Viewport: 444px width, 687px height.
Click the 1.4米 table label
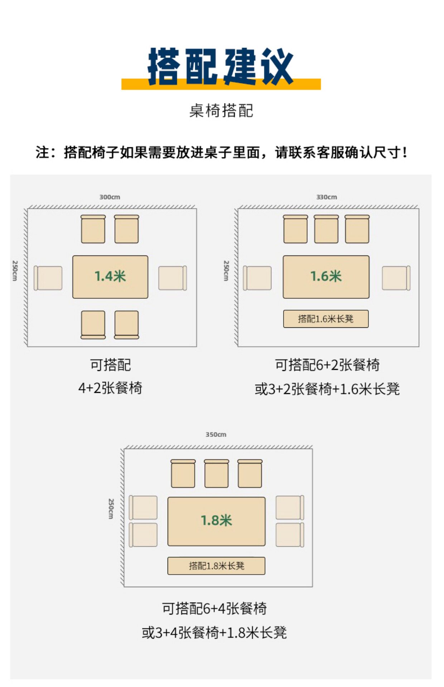[x=110, y=276]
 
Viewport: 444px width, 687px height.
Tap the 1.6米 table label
[x=326, y=276]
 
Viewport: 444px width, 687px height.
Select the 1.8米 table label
[x=216, y=521]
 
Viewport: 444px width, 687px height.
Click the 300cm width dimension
[x=110, y=197]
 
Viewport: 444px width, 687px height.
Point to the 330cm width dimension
[x=326, y=197]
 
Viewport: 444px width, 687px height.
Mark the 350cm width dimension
[x=216, y=435]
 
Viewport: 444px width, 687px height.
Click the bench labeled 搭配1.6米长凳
[x=325, y=319]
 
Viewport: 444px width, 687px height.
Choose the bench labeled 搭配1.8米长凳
[x=216, y=566]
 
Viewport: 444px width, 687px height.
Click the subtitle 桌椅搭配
[x=221, y=111]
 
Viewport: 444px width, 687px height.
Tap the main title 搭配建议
[x=221, y=67]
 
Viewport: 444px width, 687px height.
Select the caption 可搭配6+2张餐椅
[x=327, y=365]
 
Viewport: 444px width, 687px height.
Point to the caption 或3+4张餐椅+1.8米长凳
[x=214, y=633]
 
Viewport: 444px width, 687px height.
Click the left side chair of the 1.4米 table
[x=48, y=278]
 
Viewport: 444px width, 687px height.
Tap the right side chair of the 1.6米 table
[x=396, y=278]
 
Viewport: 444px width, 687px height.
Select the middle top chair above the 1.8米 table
[x=216, y=473]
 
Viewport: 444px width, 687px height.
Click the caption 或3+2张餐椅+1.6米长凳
[x=327, y=389]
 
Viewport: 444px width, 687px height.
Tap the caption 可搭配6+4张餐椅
[x=214, y=609]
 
